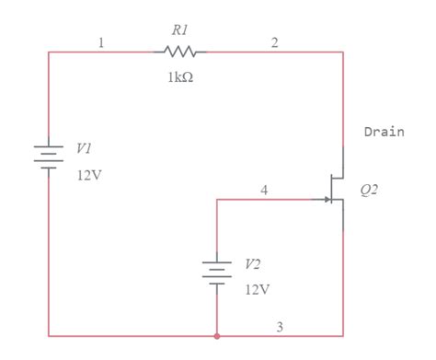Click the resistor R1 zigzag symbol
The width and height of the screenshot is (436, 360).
[x=180, y=52]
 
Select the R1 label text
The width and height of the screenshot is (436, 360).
[x=180, y=30]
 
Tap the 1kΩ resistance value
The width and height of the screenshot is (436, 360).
[x=180, y=76]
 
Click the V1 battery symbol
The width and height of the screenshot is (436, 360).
[x=49, y=154]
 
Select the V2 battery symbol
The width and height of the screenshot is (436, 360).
[x=214, y=273]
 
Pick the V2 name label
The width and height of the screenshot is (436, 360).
[x=252, y=263]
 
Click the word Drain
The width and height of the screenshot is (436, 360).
[x=384, y=132]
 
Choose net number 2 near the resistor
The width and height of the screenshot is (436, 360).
[x=273, y=43]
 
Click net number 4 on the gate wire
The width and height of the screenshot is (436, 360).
[x=264, y=190]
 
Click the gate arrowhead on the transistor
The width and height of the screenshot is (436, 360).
[x=327, y=199]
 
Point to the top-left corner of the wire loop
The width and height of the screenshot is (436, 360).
[x=49, y=52]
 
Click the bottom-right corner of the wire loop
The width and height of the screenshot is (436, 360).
[x=343, y=336]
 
